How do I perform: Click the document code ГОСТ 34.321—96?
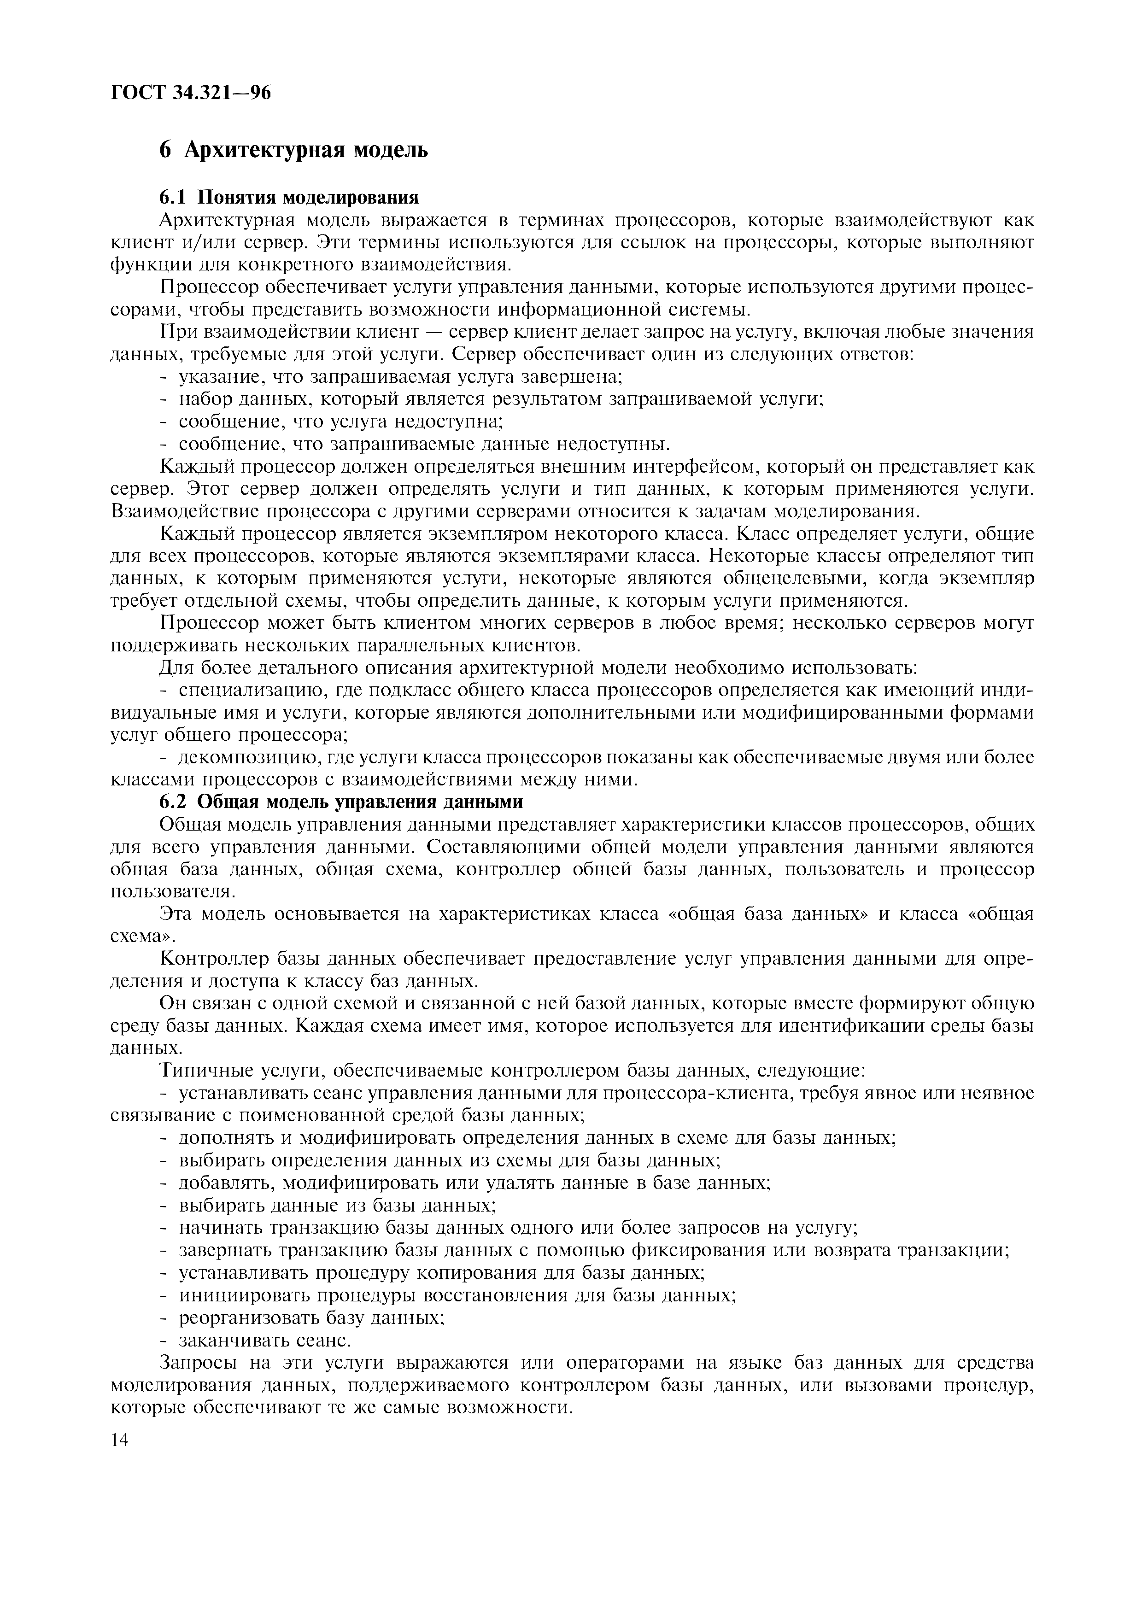click(x=191, y=93)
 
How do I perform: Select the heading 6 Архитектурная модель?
click(x=293, y=149)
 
